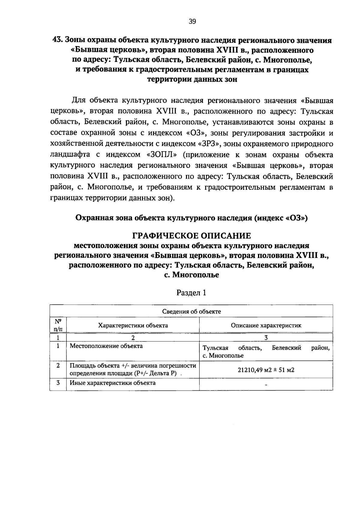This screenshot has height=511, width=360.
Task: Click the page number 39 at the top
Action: [192, 21]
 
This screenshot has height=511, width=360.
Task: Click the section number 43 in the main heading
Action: [57, 40]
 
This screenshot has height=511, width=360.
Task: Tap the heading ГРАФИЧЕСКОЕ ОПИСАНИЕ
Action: [192, 235]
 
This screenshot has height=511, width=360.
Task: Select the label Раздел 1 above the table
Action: [191, 293]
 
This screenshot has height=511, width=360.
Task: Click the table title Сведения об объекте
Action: [191, 311]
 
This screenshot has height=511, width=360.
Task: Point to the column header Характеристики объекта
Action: [133, 325]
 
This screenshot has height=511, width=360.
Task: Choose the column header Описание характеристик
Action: [266, 325]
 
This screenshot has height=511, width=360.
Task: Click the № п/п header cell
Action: [58, 325]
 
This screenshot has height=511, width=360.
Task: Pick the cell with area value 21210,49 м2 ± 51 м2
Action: [266, 370]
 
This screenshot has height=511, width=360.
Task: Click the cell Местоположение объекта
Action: [106, 346]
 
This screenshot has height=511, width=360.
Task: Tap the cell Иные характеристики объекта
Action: [112, 383]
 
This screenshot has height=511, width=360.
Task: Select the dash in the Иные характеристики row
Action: [266, 385]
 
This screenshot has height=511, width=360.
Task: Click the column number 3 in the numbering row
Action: [266, 337]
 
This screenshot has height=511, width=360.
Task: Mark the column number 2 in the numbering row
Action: [133, 337]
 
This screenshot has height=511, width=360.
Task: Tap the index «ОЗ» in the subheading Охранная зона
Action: [297, 218]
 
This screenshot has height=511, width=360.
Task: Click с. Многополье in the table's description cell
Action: [223, 356]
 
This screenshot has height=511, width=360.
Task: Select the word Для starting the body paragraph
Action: [78, 100]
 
